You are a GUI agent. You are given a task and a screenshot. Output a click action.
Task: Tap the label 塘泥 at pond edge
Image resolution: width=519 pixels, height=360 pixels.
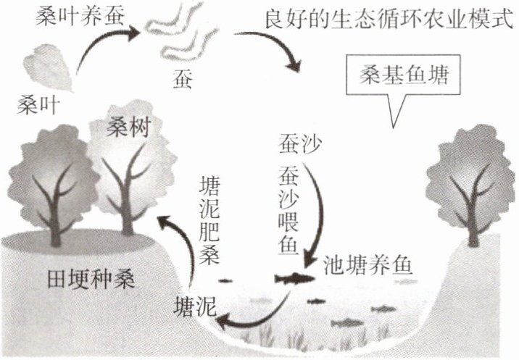pos(195,304)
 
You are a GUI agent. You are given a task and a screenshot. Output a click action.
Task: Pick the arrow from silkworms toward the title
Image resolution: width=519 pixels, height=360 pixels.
pos(279,49)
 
